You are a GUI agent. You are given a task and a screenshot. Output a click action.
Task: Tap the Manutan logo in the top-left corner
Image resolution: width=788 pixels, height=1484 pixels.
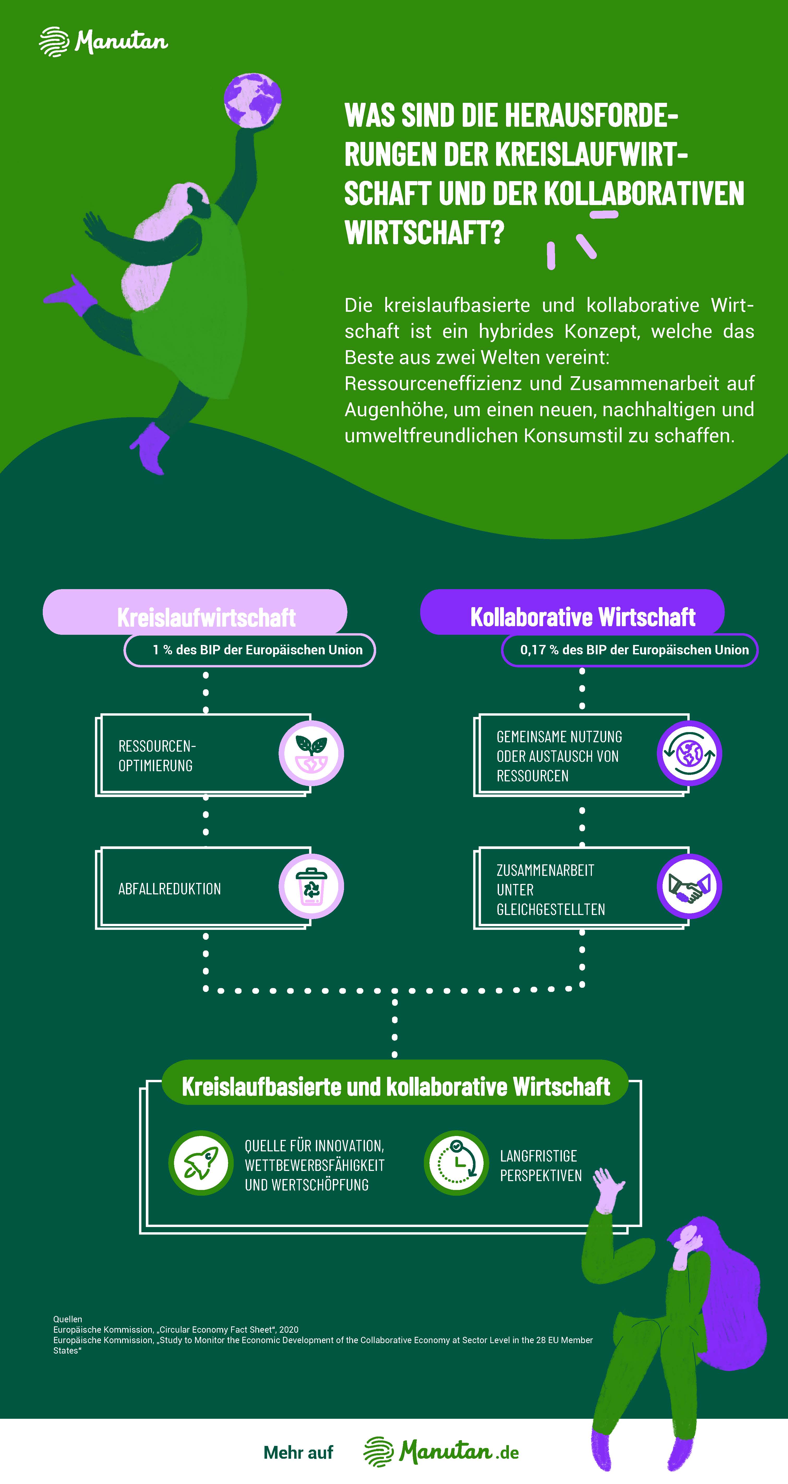click(x=104, y=41)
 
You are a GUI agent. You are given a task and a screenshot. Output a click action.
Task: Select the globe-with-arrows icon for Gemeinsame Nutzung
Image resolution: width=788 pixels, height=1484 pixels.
click(x=689, y=753)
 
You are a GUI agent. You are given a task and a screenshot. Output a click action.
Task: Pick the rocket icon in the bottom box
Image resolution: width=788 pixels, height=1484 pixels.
click(x=200, y=1163)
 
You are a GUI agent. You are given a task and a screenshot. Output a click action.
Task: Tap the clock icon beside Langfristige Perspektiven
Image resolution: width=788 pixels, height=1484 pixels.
click(x=456, y=1163)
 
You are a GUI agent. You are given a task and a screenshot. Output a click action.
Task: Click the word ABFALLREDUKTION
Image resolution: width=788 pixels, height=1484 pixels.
click(x=169, y=889)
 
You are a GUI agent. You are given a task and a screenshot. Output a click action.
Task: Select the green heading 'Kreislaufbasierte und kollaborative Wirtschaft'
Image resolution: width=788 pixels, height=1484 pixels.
click(x=395, y=1086)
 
